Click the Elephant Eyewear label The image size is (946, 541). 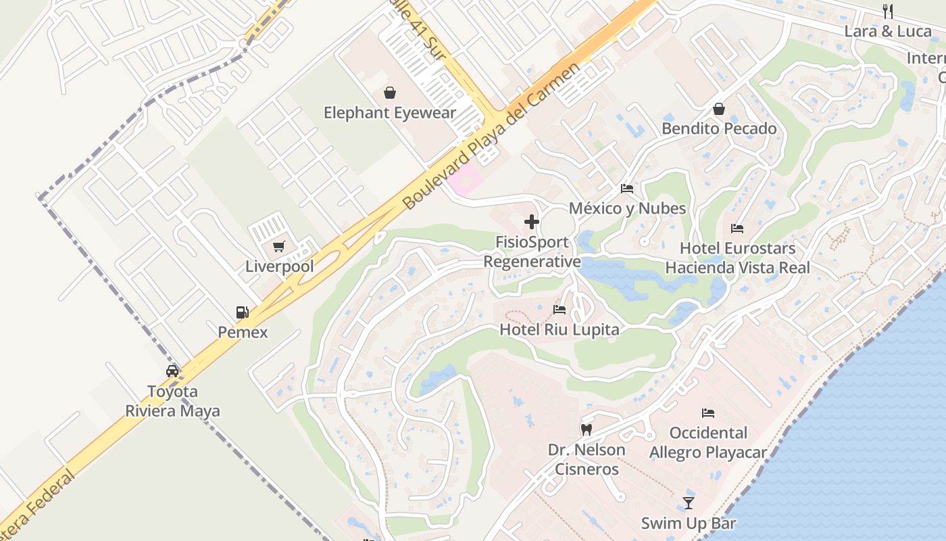(390, 113)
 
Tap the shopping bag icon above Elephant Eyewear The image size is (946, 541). (390, 93)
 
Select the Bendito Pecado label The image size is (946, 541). (719, 128)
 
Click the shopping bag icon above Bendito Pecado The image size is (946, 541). (719, 109)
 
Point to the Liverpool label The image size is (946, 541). (280, 266)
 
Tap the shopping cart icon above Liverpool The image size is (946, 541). (278, 247)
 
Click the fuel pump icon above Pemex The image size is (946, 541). (242, 312)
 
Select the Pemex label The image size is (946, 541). (243, 332)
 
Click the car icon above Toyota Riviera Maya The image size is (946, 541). (172, 371)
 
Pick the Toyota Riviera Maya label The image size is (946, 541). (172, 401)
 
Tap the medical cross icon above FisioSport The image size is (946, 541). (532, 222)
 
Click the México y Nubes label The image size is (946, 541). (627, 208)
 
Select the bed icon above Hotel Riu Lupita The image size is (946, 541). (559, 310)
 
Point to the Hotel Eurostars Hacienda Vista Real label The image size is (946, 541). (737, 258)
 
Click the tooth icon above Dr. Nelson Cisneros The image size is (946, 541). (587, 429)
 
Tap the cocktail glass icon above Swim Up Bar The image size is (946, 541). (688, 503)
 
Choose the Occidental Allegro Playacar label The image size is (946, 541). (708, 442)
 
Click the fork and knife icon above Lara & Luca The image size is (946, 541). (888, 11)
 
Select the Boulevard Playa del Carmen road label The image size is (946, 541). (491, 136)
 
